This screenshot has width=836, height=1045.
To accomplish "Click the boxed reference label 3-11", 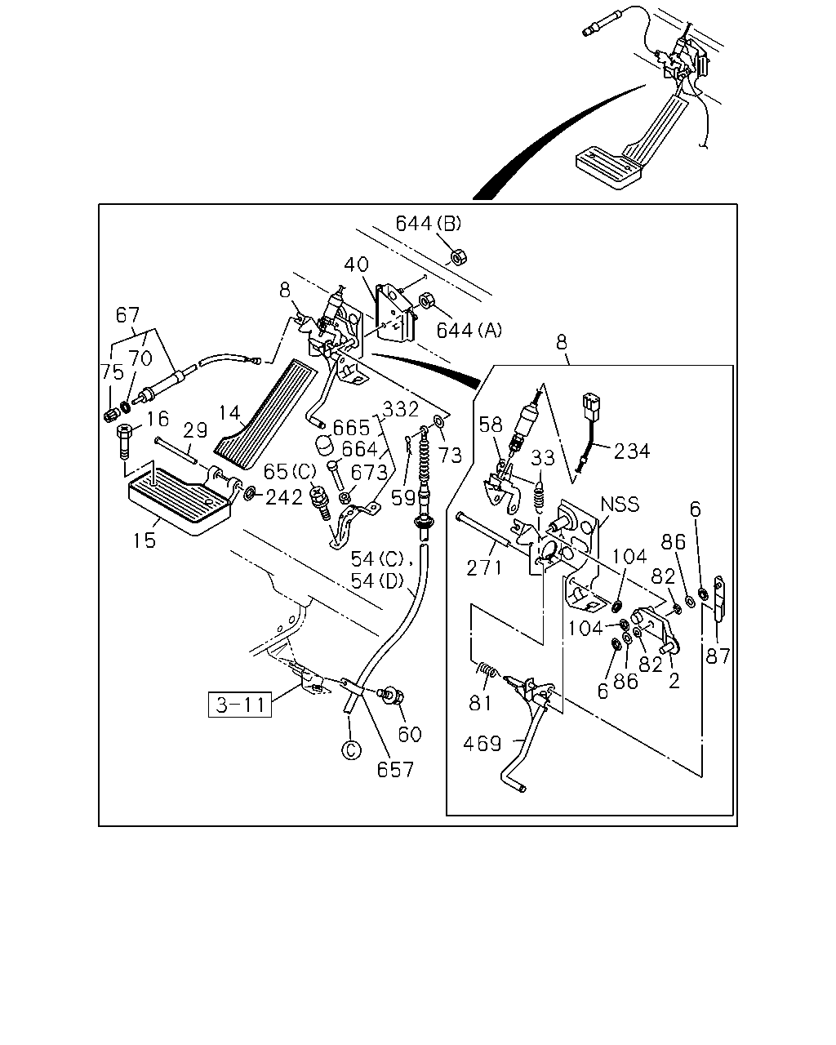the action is pyautogui.click(x=240, y=704).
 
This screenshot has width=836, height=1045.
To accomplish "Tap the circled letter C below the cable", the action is pyautogui.click(x=351, y=750).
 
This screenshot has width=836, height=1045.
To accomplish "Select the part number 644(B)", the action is pyautogui.click(x=429, y=224).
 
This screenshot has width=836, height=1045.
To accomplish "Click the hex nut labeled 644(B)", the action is pyautogui.click(x=458, y=256).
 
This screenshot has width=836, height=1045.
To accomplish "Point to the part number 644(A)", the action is pyautogui.click(x=469, y=331).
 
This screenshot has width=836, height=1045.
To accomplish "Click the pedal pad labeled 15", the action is pyautogui.click(x=180, y=500).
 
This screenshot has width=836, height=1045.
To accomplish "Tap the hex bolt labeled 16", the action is pyautogui.click(x=124, y=441).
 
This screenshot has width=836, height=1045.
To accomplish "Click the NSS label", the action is pyautogui.click(x=620, y=504).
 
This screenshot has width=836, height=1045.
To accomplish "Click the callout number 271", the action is pyautogui.click(x=484, y=567).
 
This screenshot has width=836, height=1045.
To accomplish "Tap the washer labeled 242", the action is pyautogui.click(x=250, y=493).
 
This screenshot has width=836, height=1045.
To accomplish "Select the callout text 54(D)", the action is pyautogui.click(x=377, y=580).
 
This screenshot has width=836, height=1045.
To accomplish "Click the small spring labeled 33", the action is pyautogui.click(x=538, y=496).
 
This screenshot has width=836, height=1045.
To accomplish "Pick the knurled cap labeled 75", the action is pyautogui.click(x=111, y=416).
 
